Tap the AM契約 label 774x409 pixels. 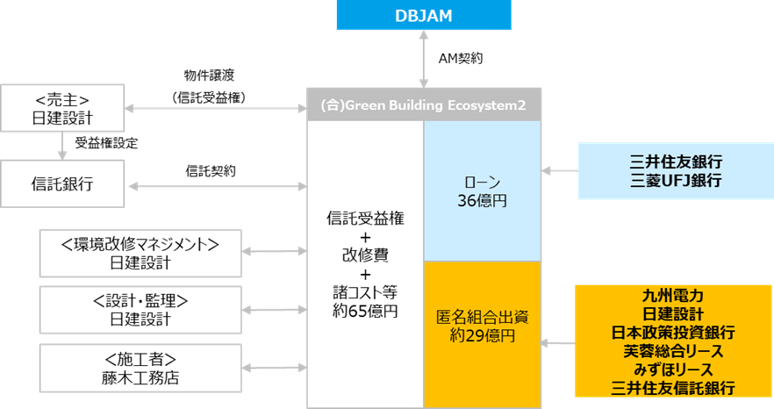click(x=459, y=59)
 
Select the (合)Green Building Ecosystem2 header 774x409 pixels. click(x=423, y=104)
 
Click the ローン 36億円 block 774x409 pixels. click(x=482, y=190)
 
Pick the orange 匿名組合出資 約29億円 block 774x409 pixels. click(x=482, y=325)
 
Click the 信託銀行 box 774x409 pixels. click(x=61, y=184)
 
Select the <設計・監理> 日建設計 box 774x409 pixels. click(x=140, y=310)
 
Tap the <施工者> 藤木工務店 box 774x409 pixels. click(x=140, y=369)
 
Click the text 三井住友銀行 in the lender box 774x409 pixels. click(x=676, y=162)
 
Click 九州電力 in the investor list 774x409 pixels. click(x=673, y=297)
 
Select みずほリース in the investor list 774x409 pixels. click(x=673, y=370)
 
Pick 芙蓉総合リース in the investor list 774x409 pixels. click(x=673, y=351)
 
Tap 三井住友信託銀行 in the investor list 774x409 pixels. click(x=673, y=388)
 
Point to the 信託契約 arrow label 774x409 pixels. click(x=211, y=170)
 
